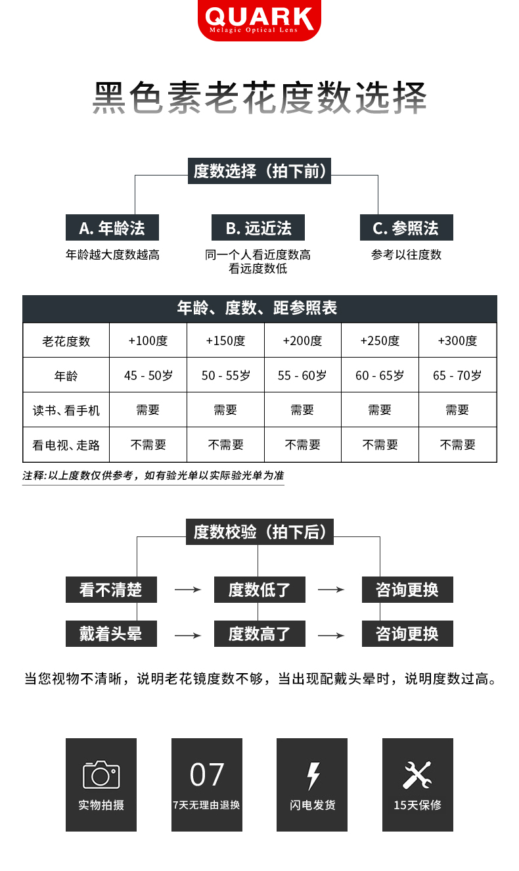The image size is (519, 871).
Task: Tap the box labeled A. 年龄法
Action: (x=112, y=228)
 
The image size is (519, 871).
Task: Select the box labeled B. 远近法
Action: (x=258, y=228)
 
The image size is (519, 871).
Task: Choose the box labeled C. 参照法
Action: (x=406, y=228)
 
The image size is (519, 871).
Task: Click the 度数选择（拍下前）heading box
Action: (x=259, y=172)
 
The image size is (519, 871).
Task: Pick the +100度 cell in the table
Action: (x=148, y=341)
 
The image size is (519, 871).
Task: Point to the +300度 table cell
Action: (x=457, y=341)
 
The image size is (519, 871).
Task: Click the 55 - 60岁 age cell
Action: (x=302, y=375)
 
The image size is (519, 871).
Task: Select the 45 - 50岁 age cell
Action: (x=148, y=375)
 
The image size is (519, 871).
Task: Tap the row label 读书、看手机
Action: (x=66, y=410)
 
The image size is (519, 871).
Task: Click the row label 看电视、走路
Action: (x=66, y=445)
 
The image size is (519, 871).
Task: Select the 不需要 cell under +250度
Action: (x=380, y=445)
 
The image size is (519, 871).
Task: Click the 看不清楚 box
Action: (x=111, y=590)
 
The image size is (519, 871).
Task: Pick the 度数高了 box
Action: (x=259, y=634)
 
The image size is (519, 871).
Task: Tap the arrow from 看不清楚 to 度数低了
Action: (x=187, y=590)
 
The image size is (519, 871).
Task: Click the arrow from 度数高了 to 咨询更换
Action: (x=330, y=635)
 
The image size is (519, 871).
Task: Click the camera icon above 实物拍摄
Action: (x=101, y=774)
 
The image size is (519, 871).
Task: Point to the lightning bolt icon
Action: (x=313, y=776)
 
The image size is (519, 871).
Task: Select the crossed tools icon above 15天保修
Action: (x=417, y=775)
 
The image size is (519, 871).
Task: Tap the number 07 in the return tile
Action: (x=207, y=775)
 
